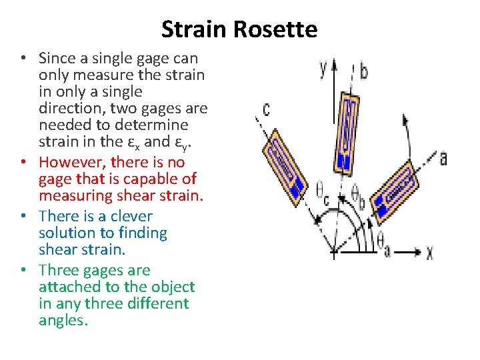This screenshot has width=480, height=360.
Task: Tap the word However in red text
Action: [73, 162]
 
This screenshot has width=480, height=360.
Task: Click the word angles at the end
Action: [63, 320]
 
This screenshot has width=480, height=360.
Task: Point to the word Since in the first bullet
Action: [57, 58]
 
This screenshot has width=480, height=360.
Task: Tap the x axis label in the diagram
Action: [429, 253]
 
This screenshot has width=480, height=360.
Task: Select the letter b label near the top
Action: [364, 71]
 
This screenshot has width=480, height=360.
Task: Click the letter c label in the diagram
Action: [266, 108]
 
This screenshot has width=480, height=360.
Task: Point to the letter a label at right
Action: [443, 158]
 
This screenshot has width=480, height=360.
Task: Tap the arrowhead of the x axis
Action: [418, 253]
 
